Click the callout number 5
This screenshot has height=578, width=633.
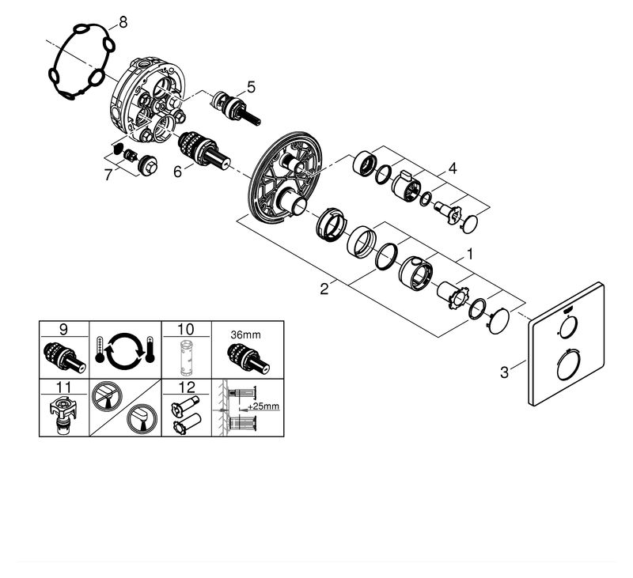[x=251, y=87]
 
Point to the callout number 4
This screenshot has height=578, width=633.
[x=452, y=168]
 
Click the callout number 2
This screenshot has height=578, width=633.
[x=324, y=289]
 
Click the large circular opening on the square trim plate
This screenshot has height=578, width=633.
[x=567, y=368]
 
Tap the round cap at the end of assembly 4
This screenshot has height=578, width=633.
[x=472, y=223]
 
